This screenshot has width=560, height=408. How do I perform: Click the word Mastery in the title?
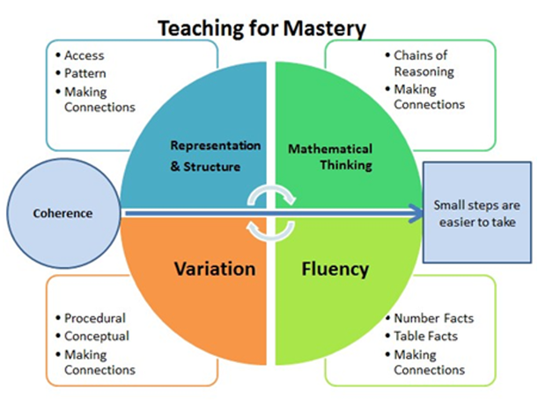coord(325,28)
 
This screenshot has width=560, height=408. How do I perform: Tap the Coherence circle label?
coord(63,213)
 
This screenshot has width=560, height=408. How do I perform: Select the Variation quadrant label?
coord(215,269)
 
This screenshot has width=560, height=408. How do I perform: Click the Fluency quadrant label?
coord(335,270)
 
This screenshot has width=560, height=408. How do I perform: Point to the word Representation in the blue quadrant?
coord(216,145)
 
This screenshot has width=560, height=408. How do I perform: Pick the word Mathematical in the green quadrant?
coord(330,149)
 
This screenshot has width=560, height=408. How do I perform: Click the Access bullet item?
coord(85,56)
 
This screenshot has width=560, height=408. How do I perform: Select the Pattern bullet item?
coord(85,73)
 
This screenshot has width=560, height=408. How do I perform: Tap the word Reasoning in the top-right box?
coord(424,72)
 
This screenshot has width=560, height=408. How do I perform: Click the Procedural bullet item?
coord(95,318)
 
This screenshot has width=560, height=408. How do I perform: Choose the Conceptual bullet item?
coord(97,337)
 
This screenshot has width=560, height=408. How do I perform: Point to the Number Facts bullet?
coord(434,318)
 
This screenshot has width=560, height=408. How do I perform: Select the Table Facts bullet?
coord(425,336)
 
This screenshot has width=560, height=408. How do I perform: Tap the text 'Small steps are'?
coord(476,205)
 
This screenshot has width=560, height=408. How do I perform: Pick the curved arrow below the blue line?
coord(270,235)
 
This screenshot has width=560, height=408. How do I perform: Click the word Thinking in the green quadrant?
coord(346,165)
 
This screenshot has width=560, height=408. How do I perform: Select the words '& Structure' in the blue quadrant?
coord(205,167)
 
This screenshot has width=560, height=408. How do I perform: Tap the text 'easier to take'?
coord(477,222)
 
